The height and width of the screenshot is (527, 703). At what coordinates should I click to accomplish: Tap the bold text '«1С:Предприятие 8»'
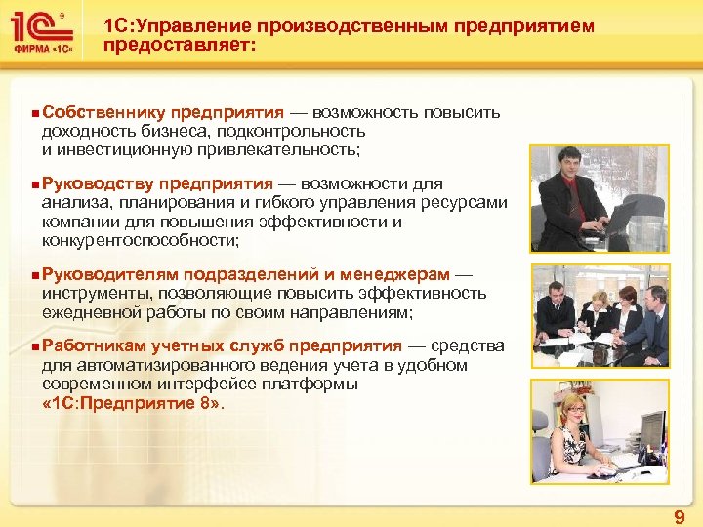pos(134,402)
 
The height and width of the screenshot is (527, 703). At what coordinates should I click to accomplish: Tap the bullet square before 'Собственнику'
pos(35,113)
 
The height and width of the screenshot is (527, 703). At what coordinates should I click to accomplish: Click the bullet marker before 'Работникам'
pos(35,347)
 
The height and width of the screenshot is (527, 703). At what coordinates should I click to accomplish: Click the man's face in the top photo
pos(567,162)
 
